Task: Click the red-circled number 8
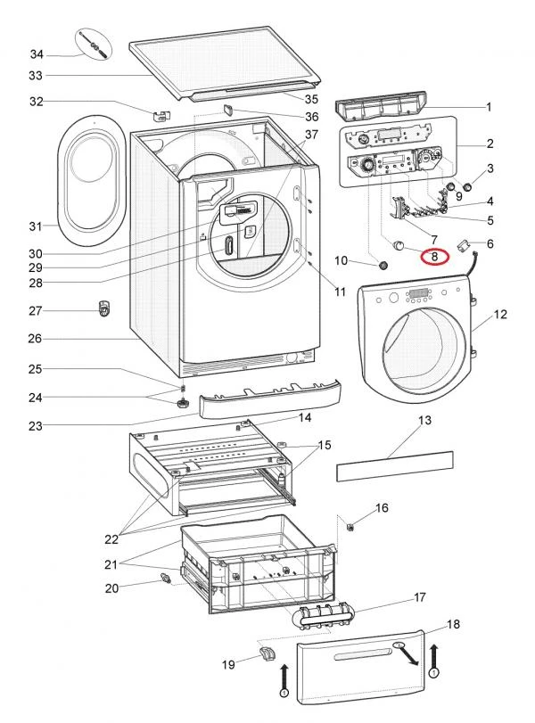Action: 434,256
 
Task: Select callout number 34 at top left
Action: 36,55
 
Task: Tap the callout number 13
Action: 424,419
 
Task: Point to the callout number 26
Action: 36,339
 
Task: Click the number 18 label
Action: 454,625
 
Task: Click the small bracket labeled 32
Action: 161,113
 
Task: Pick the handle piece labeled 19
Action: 267,657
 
